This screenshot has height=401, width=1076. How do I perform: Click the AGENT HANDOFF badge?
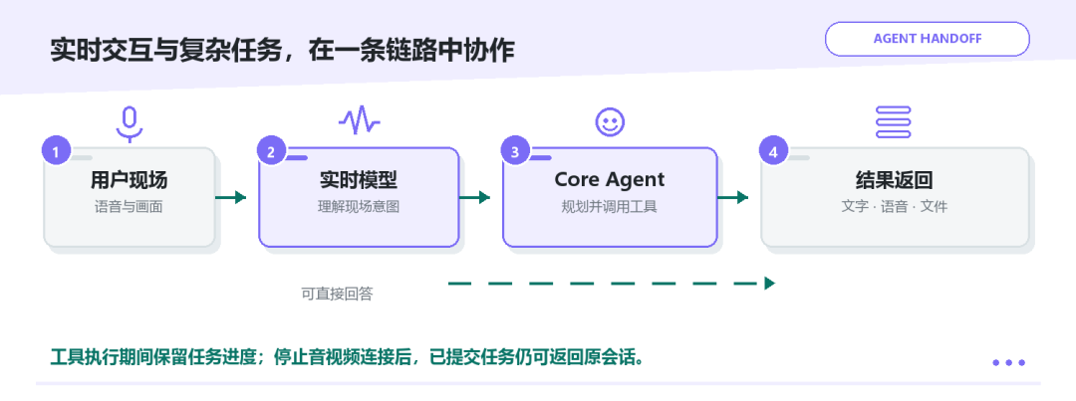click(x=928, y=39)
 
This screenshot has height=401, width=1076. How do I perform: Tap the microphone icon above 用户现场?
click(x=129, y=124)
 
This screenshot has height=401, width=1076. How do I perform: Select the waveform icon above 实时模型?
click(x=359, y=121)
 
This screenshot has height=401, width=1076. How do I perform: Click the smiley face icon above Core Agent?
click(x=610, y=122)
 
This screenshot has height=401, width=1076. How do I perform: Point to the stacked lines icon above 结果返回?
click(x=894, y=122)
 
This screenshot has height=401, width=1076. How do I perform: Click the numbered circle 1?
click(x=56, y=151)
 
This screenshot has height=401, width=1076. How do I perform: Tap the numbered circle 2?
click(x=271, y=151)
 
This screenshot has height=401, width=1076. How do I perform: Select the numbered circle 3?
click(x=515, y=151)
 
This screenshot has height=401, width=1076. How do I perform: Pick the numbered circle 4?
click(x=773, y=151)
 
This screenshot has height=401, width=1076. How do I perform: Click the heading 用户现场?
click(x=129, y=180)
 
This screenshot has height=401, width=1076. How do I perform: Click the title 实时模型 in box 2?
click(x=359, y=180)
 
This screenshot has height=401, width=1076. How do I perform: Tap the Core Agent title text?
click(x=610, y=180)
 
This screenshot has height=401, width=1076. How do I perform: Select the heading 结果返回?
click(x=894, y=180)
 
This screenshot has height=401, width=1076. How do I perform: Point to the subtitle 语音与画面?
click(x=129, y=206)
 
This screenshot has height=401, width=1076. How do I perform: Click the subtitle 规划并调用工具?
click(x=610, y=206)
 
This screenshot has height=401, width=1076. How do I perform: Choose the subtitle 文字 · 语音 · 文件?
click(x=894, y=206)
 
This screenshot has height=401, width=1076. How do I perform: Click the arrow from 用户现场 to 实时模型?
click(x=230, y=198)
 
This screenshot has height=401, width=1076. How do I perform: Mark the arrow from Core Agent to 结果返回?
click(x=733, y=198)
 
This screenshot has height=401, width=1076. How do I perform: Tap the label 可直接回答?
click(x=337, y=295)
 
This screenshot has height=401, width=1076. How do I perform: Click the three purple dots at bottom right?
click(x=1008, y=362)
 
